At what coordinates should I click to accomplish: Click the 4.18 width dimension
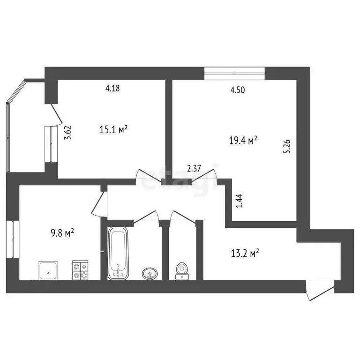coord(113,88)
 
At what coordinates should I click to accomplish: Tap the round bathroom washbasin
coord(150,273)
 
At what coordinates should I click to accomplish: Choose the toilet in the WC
coord(181,270)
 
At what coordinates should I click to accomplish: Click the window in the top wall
coord(234,72)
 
